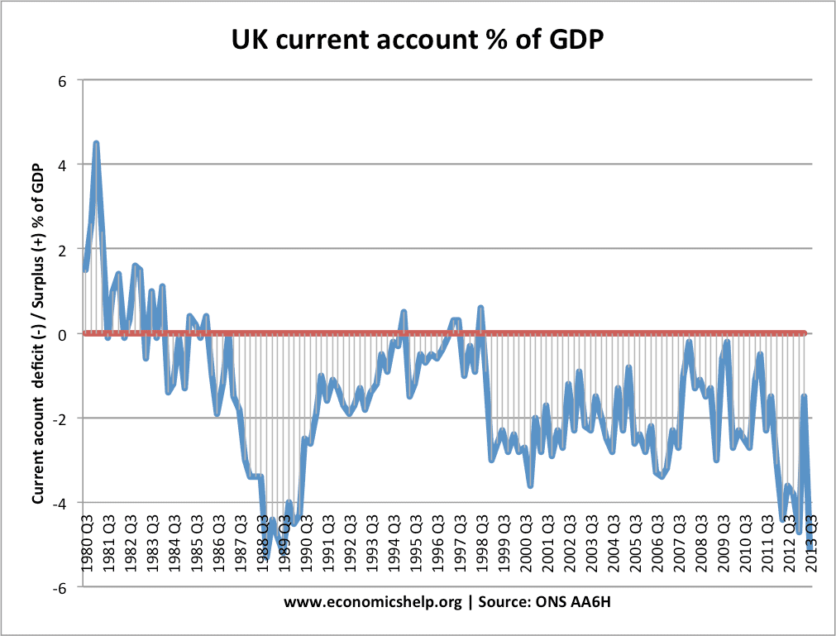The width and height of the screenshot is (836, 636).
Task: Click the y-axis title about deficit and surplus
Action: (x=37, y=333)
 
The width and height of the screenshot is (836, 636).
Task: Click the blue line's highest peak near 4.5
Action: (x=96, y=143)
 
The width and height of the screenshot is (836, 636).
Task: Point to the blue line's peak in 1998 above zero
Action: (x=480, y=308)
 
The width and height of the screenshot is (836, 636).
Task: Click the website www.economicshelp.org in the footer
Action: (x=372, y=603)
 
